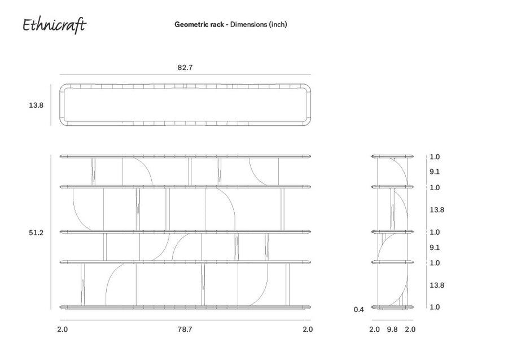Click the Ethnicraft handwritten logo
point(54,25)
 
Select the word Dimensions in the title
point(249,24)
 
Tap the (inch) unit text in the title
point(278,25)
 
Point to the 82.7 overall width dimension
point(185,67)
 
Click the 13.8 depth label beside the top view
point(36,105)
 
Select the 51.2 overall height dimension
point(36,233)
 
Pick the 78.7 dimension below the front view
point(185,329)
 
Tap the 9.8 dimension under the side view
point(392,329)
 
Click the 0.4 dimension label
point(358,309)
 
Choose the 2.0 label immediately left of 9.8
point(374,329)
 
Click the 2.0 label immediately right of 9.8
point(410,329)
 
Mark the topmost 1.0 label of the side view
point(435,157)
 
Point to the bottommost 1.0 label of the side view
point(435,307)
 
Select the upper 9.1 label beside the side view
point(435,172)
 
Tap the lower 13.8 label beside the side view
point(437,285)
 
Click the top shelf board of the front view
point(185,156)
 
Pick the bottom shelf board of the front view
point(185,307)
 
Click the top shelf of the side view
point(392,156)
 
